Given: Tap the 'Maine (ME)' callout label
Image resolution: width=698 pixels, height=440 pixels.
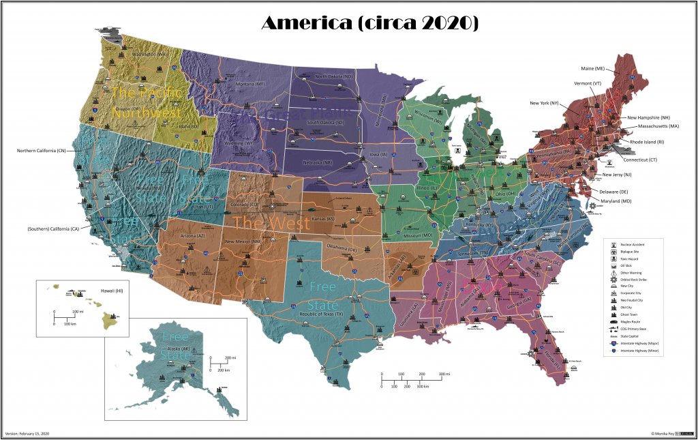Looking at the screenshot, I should point(593,68).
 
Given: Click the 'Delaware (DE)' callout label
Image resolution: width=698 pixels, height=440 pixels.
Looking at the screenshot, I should point(614,192).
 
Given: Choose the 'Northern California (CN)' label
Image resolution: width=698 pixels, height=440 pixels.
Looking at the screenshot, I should point(42,150).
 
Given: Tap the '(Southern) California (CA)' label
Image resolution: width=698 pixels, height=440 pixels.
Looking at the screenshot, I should point(54,229).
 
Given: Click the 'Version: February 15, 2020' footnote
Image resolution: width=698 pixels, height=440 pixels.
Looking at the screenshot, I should point(27,433).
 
